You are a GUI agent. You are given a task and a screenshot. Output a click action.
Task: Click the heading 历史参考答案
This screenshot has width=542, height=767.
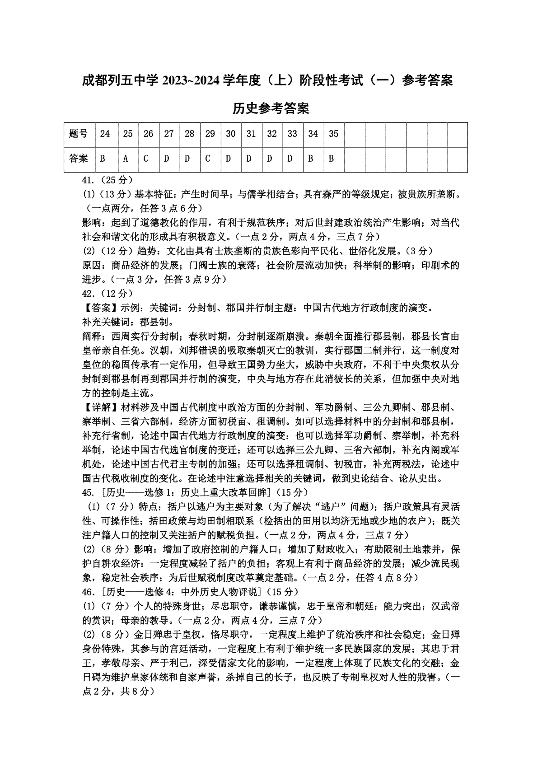coord(271,108)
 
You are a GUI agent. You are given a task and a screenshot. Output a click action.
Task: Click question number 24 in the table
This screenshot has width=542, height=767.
coord(105,134)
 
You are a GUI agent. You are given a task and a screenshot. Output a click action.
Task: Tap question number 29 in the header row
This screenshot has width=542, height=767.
coord(210,134)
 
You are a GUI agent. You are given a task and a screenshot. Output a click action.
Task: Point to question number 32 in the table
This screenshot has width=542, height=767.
coord(272,134)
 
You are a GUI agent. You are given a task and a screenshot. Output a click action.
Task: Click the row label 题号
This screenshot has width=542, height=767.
coord(79,134)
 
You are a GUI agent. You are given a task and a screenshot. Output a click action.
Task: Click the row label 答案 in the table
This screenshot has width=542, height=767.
coord(79,159)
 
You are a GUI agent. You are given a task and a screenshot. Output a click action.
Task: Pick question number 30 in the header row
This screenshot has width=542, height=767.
coord(231,134)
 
